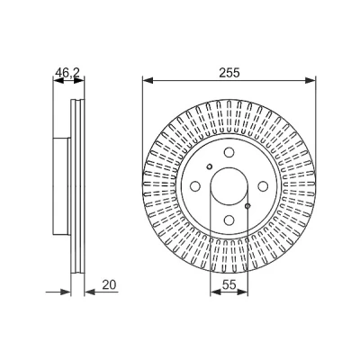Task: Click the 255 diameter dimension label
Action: point(229,73)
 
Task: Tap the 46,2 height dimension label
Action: point(67,73)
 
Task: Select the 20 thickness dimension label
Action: point(109,284)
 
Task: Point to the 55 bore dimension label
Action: point(229,284)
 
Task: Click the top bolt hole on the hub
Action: point(229,153)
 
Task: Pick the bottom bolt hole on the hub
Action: point(229,220)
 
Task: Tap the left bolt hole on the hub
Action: point(195,186)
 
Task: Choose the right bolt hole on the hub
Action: point(263,186)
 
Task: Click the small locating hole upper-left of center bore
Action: point(210,166)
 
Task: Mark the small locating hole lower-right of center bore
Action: point(247,206)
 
